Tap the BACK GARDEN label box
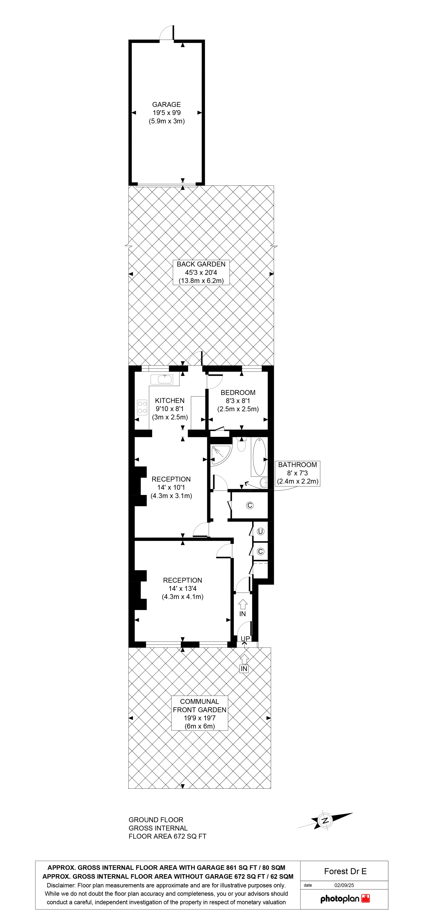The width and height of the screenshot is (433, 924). (201, 272)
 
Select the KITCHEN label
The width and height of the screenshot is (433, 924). (169, 401)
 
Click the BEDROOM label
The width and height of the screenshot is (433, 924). (238, 392)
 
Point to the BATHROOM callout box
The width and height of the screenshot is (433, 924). (297, 473)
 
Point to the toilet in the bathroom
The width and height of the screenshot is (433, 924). (242, 444)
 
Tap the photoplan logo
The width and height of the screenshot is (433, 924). (345, 899)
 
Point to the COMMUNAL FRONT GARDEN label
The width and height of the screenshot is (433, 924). (199, 705)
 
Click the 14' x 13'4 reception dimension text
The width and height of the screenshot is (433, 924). (182, 588)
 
